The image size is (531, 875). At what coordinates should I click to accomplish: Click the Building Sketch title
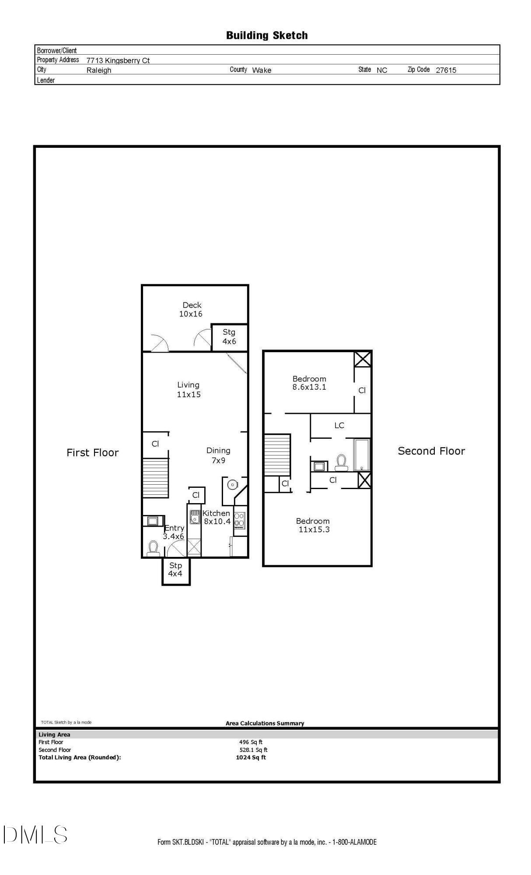[267, 35]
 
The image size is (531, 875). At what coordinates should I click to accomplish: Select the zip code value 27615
[446, 70]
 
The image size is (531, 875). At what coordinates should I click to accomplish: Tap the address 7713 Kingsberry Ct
[118, 60]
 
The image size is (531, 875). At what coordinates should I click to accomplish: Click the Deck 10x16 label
[192, 309]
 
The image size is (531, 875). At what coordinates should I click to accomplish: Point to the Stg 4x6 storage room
[230, 337]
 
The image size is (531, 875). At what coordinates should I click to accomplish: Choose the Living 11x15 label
[189, 389]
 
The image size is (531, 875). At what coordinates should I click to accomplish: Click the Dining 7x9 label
[218, 455]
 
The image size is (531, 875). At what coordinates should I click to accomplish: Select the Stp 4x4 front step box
[176, 571]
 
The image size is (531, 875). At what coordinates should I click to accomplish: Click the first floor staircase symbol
[155, 478]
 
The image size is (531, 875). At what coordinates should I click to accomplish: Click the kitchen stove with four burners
[240, 520]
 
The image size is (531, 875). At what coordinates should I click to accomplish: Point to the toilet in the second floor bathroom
[341, 462]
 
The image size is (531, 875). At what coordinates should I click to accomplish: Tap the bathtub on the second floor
[362, 455]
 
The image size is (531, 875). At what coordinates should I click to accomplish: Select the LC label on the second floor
[339, 425]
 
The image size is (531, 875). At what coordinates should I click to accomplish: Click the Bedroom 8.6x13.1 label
[309, 383]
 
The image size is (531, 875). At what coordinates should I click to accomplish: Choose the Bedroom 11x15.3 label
[313, 525]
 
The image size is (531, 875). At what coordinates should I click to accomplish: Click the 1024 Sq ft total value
[251, 757]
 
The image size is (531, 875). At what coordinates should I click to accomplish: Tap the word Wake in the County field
[262, 70]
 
